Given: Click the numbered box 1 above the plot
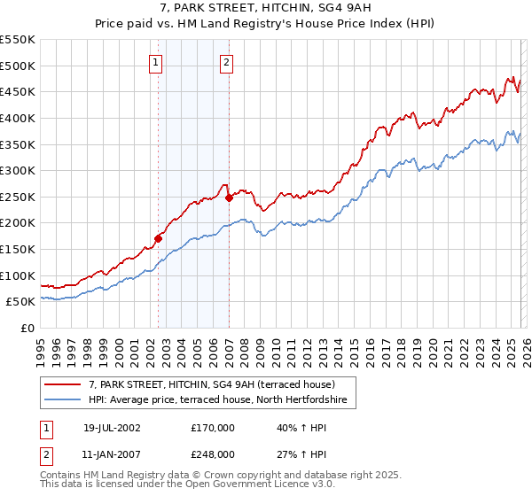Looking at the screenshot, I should coord(155,62).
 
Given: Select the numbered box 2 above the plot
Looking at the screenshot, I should coord(227,62).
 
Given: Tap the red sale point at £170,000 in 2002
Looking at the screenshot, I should coord(159,237).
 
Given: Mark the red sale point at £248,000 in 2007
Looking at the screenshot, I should coord(229,198).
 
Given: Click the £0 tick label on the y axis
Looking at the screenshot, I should coord(27,329).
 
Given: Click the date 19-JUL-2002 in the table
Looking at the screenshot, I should coord(112,427).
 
